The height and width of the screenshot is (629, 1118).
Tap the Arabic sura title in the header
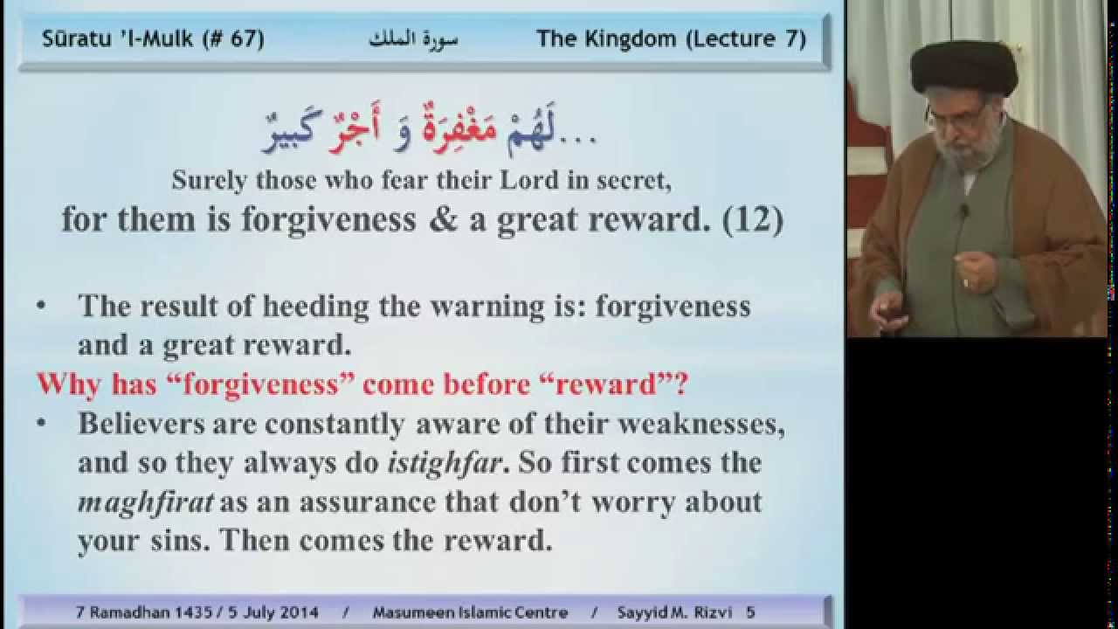(x=413, y=39)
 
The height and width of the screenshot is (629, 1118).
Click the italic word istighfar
(x=445, y=464)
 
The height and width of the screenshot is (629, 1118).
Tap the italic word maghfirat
(x=146, y=503)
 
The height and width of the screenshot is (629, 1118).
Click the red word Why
(x=69, y=384)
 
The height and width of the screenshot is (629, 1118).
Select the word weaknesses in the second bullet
(x=700, y=425)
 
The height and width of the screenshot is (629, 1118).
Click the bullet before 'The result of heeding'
(x=41, y=305)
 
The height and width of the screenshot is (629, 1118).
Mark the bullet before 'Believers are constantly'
(x=41, y=423)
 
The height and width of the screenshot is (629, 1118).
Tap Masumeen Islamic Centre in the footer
(x=470, y=612)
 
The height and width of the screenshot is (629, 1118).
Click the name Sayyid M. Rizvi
(x=675, y=612)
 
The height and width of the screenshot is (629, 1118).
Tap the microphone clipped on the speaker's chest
(x=965, y=210)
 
